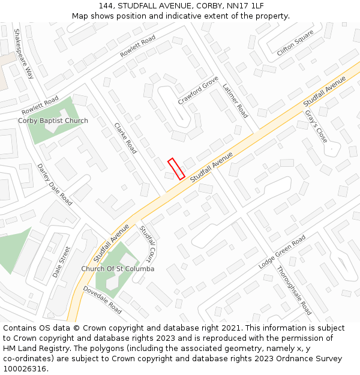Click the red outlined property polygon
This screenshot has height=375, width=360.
(x=176, y=169)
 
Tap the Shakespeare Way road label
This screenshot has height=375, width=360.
(x=24, y=54)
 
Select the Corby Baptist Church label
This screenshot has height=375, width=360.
(x=53, y=121)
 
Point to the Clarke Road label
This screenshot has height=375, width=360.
(x=125, y=138)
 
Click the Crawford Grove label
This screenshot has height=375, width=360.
(x=198, y=91)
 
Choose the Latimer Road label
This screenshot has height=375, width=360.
(x=235, y=100)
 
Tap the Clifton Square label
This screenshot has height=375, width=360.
(x=295, y=43)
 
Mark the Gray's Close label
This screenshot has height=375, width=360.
(x=316, y=126)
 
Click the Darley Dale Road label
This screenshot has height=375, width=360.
(x=55, y=184)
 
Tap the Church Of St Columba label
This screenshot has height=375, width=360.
(x=118, y=269)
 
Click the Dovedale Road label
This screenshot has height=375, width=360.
(x=103, y=300)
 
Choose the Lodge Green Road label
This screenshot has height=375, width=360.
(x=282, y=251)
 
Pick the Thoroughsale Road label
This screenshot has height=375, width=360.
(x=294, y=290)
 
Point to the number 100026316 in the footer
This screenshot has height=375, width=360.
(x=25, y=369)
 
